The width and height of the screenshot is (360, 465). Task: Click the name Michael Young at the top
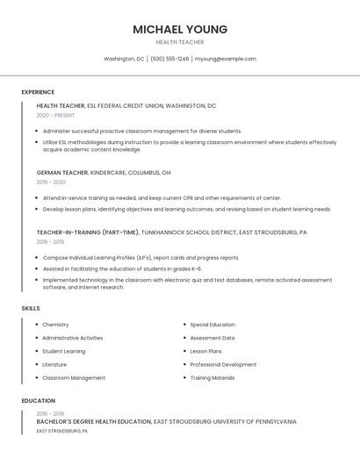180,29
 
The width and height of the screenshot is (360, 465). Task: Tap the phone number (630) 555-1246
169,59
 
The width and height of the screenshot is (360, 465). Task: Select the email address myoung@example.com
225,59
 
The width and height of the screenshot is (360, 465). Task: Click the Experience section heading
38,92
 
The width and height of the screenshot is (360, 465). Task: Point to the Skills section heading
31,309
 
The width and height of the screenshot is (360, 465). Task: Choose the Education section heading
38,401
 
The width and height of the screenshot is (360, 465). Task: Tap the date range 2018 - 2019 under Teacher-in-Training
50,241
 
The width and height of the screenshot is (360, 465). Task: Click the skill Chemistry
55,325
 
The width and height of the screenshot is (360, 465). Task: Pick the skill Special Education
212,325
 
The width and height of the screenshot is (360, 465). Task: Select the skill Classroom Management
74,377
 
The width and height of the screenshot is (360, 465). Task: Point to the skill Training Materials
212,377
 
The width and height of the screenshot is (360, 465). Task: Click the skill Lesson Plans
205,351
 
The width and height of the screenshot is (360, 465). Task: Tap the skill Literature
54,364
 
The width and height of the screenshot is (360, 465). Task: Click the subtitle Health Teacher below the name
180,42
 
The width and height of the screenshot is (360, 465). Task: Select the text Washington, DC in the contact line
124,59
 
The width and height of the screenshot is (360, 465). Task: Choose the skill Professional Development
223,364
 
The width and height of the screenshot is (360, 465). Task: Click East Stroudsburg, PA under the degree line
61,431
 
